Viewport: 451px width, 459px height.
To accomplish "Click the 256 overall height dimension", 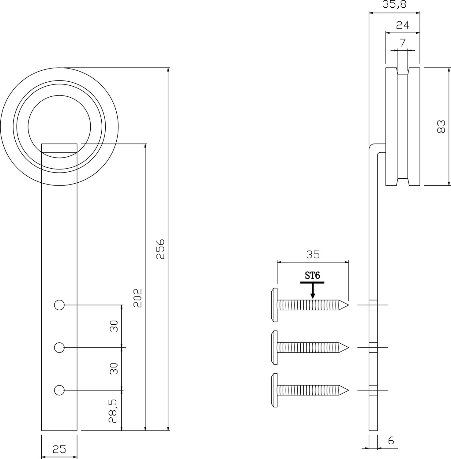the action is (x=160, y=249).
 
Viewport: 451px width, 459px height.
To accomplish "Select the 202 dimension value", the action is (x=137, y=298).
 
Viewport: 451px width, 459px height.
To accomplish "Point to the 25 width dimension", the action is (x=59, y=449).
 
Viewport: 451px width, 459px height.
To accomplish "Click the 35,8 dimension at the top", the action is (x=394, y=5).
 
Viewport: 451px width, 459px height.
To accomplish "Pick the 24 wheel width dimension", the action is (x=403, y=25).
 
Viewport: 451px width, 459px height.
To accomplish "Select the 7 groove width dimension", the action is (x=403, y=43).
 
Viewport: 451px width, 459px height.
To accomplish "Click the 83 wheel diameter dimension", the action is (x=441, y=126).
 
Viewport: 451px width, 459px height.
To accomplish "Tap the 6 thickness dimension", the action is (x=391, y=441).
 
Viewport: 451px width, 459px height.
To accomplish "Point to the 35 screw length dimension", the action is (x=313, y=254).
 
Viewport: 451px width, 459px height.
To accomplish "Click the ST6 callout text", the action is (x=312, y=276).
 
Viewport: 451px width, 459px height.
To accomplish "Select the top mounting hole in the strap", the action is (x=59, y=305).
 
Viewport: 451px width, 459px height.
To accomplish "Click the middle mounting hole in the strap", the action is (x=59, y=348).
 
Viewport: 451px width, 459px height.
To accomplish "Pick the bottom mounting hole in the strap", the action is (x=59, y=390).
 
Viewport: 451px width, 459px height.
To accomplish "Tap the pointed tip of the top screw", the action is (x=348, y=305).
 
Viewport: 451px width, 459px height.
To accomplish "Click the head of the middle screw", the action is (x=274, y=348).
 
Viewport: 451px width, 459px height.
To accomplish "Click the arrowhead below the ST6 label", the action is (x=312, y=296).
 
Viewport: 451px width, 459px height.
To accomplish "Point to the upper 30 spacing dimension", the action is (x=114, y=326).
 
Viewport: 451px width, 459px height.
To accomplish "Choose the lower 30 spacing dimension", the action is (x=114, y=369).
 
